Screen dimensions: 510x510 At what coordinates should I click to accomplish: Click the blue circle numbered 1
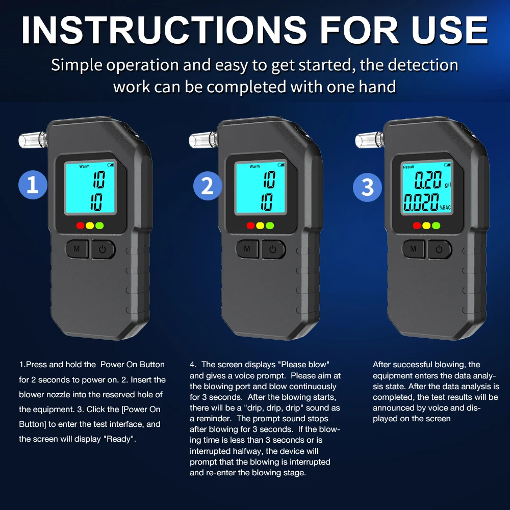33,185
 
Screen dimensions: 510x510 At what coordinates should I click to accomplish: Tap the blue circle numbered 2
208,186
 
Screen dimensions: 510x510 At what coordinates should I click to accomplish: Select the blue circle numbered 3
368,187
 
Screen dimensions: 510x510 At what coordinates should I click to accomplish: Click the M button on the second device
247,249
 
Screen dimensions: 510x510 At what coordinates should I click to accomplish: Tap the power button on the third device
440,249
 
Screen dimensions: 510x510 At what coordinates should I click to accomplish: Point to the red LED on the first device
81,225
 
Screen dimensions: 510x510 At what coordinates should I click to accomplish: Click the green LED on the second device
270,225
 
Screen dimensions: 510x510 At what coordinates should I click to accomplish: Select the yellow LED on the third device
426,225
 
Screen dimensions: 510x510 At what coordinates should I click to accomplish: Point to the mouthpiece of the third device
369,140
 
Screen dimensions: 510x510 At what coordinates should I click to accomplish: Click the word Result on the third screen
409,167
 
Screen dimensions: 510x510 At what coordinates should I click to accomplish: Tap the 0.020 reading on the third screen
421,202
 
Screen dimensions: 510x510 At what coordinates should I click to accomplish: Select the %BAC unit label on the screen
445,208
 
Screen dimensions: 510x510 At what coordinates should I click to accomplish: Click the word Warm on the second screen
254,166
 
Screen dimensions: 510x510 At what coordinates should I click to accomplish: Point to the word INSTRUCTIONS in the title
164,30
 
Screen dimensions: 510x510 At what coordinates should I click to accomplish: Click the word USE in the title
449,30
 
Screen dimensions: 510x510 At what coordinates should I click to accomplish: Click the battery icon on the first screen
111,165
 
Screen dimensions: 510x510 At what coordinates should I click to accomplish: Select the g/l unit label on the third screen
448,185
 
